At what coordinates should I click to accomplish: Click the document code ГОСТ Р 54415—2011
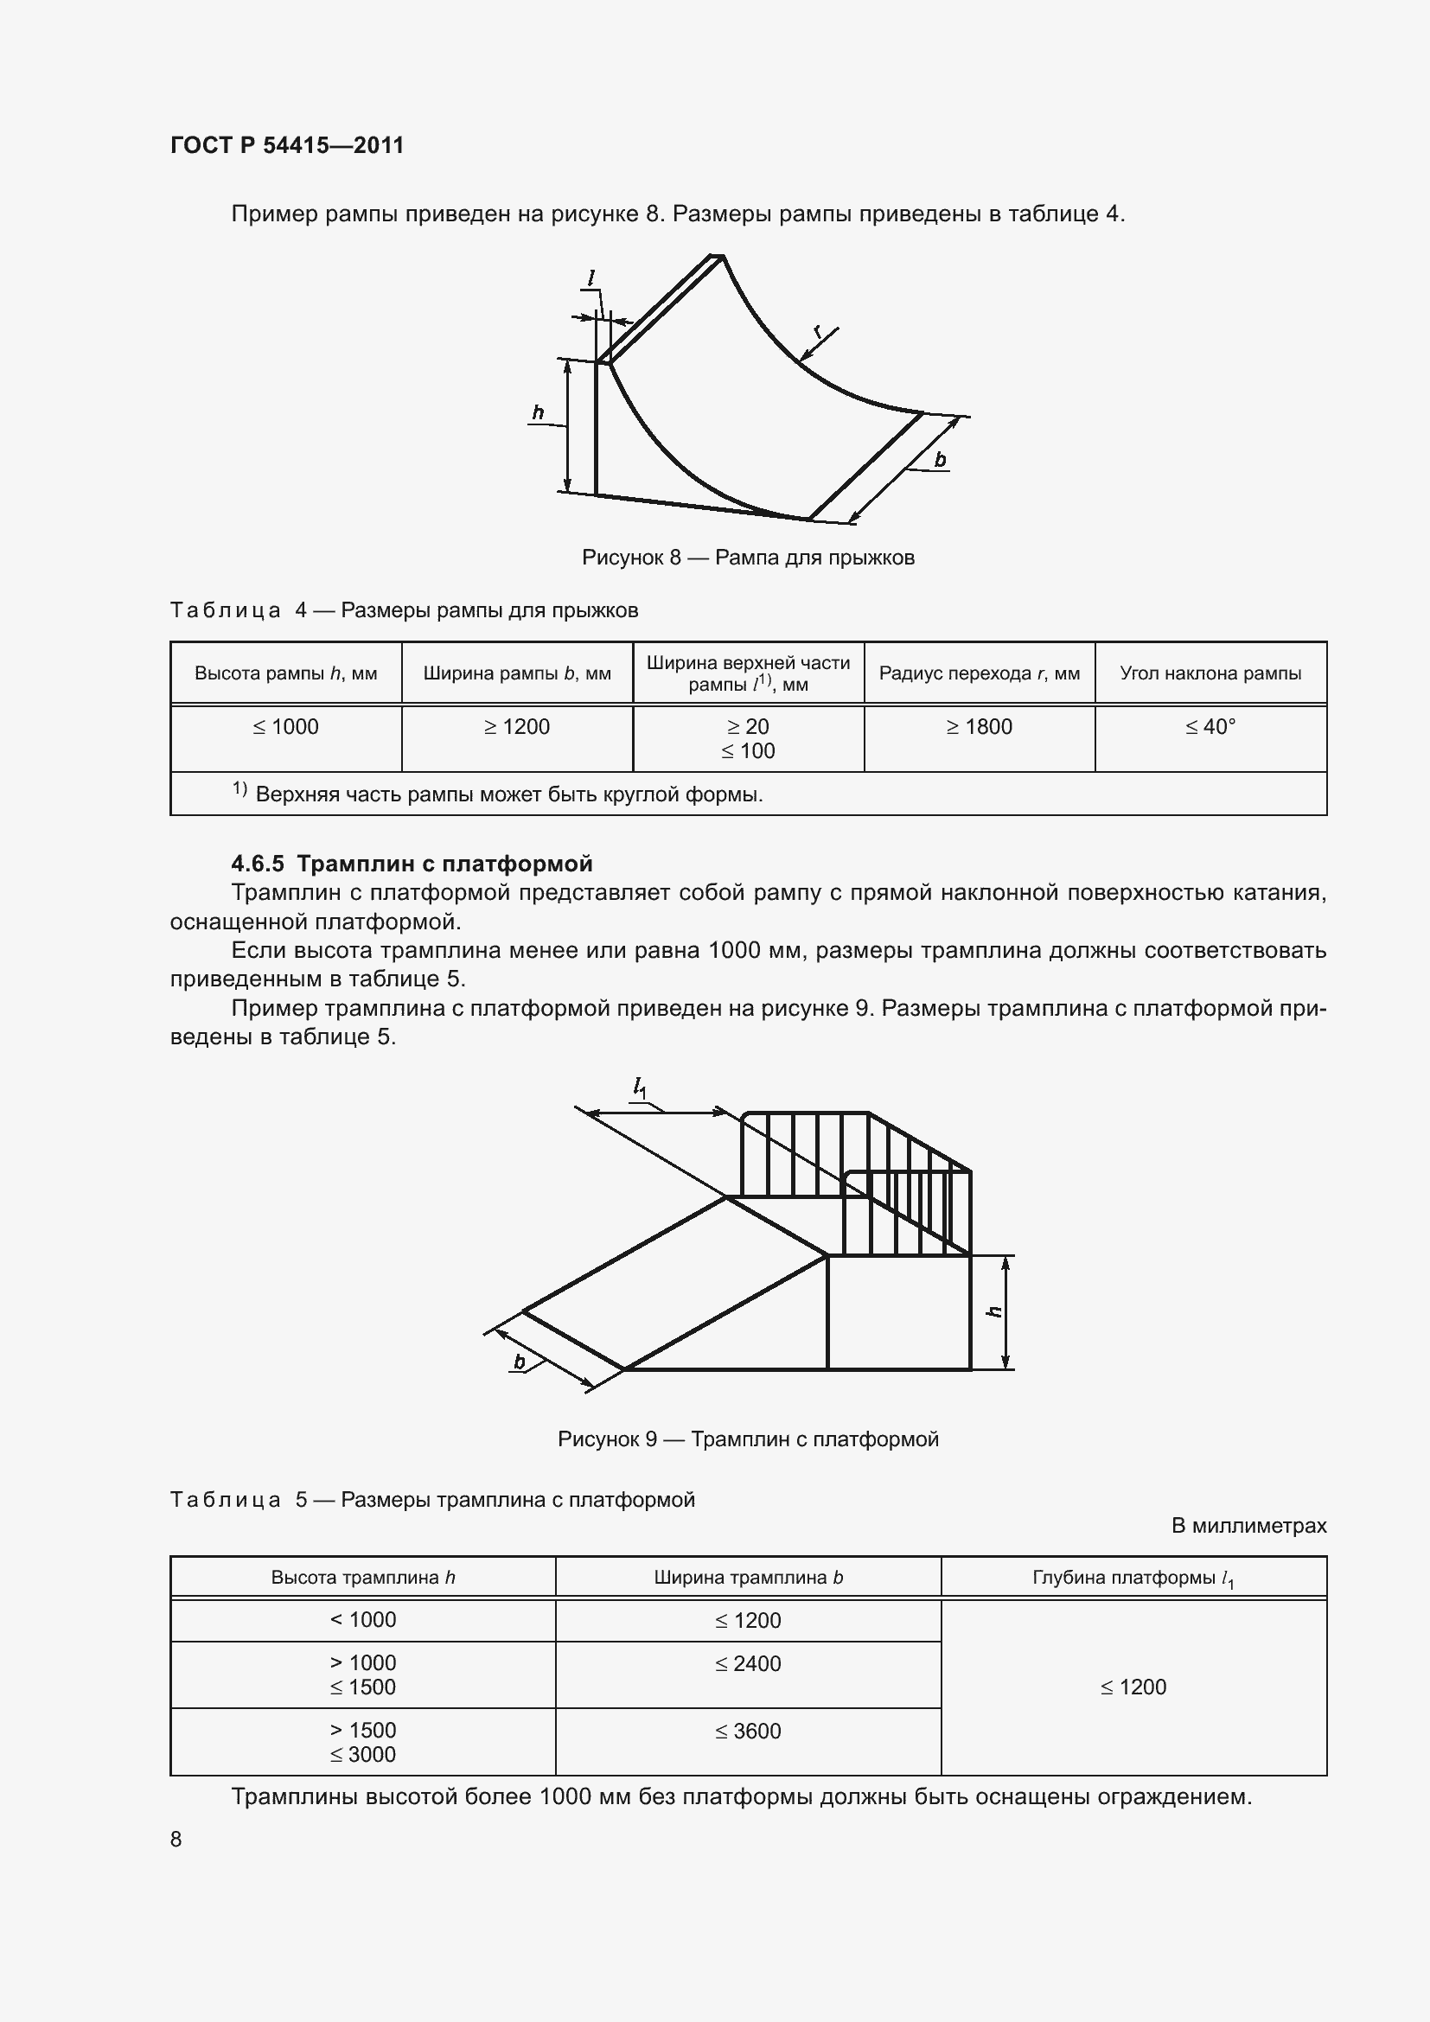click(x=287, y=145)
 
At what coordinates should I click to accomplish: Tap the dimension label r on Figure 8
click(x=818, y=331)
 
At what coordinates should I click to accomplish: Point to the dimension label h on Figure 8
click(x=538, y=412)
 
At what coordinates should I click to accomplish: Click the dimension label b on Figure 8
click(x=940, y=459)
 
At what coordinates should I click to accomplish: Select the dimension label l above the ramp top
click(x=591, y=278)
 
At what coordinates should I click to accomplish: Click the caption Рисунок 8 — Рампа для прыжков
click(x=748, y=558)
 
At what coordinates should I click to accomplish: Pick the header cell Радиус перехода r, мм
click(x=980, y=673)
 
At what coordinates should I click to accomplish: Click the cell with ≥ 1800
click(x=980, y=726)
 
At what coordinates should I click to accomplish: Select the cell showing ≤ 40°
click(x=1210, y=726)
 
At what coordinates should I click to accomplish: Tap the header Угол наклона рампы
click(x=1210, y=673)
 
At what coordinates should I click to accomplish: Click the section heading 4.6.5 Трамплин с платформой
click(x=412, y=863)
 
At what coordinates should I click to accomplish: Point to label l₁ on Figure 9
click(x=639, y=1089)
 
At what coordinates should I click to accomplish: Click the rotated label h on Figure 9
click(x=995, y=1311)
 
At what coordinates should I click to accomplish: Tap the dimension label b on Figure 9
click(x=520, y=1362)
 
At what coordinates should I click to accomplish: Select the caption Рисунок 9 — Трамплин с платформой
click(x=748, y=1439)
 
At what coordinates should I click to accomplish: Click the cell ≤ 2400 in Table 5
click(x=748, y=1663)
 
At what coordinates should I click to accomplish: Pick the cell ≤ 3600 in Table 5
click(x=748, y=1731)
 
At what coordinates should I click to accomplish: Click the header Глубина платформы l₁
click(x=1133, y=1579)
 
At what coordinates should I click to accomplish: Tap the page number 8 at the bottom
click(x=176, y=1839)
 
